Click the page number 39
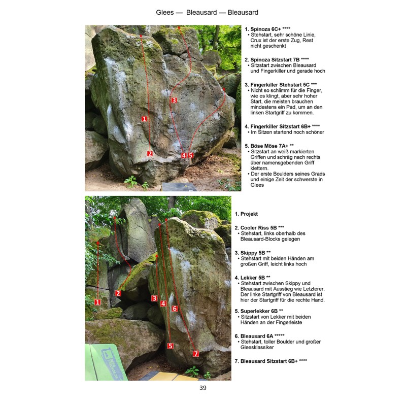pos(203,388)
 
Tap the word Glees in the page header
pos(164,12)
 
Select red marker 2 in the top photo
pos(150,154)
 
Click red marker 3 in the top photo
pos(174,100)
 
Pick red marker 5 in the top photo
pos(191,155)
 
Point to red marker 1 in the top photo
pos(145,119)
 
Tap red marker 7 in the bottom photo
pos(196,353)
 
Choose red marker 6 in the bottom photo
pos(175,309)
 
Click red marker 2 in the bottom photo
pos(118,293)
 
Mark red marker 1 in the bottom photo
pos(97,302)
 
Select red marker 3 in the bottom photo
pos(154,298)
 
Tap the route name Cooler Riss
pos(254,227)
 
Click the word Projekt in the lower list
pos(249,214)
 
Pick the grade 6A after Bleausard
pos(270,336)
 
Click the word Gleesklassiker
pos(257,347)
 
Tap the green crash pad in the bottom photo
pos(106,362)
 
